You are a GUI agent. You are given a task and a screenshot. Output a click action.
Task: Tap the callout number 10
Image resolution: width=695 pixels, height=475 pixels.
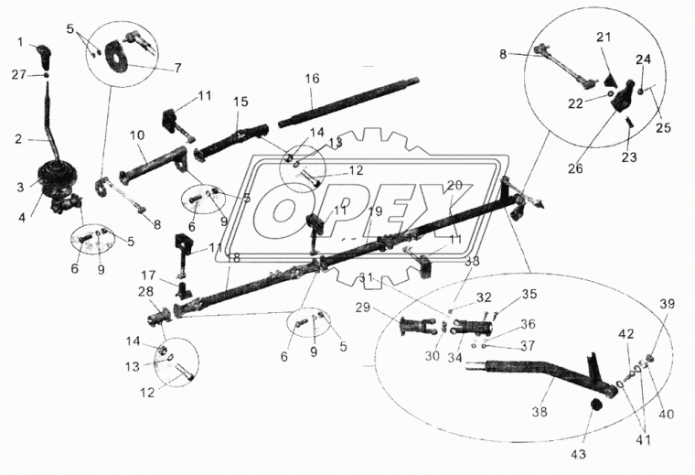(x=137, y=135)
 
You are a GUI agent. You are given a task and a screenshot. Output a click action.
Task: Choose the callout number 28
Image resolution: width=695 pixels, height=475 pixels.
(x=146, y=291)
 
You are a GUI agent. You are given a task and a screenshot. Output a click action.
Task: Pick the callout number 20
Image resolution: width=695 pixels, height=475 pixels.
(x=454, y=186)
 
